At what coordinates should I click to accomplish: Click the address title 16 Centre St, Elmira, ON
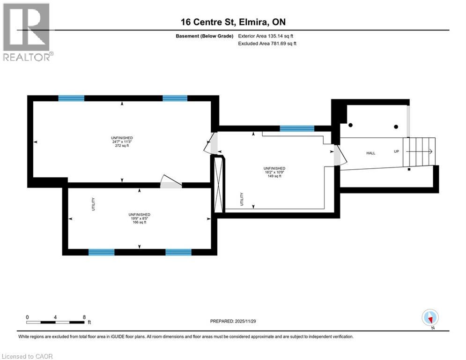pyautogui.click(x=233, y=22)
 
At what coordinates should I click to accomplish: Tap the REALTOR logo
pyautogui.click(x=27, y=32)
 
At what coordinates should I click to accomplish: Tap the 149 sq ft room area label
pyautogui.click(x=274, y=176)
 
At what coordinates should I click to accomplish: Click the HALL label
pyautogui.click(x=371, y=153)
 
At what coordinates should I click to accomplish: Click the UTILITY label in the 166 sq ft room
pyautogui.click(x=93, y=204)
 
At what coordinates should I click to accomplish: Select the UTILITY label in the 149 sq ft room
pyautogui.click(x=242, y=199)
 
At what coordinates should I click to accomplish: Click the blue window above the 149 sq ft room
pyautogui.click(x=296, y=128)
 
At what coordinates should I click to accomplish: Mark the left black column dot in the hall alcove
pyautogui.click(x=350, y=125)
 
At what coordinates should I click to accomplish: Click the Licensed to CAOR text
pyautogui.click(x=27, y=356)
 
